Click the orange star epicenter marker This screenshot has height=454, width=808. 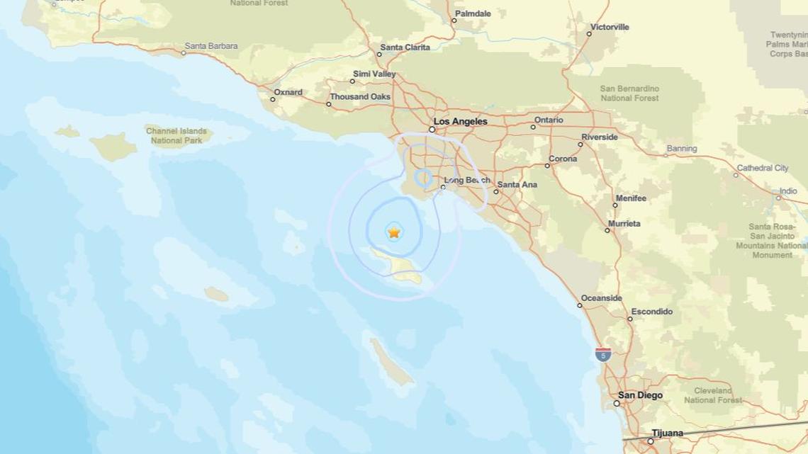(394, 232)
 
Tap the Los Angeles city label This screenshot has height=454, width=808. (460, 121)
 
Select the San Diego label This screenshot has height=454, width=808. (640, 395)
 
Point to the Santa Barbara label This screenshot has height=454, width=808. (211, 46)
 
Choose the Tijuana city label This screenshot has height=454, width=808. (667, 433)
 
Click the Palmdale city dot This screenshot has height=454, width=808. (454, 21)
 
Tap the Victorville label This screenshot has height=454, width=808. (610, 27)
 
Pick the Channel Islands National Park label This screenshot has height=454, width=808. (176, 135)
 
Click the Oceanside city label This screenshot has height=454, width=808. (601, 298)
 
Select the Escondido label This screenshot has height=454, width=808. (651, 312)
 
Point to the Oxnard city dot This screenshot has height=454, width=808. (273, 99)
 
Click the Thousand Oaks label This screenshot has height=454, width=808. (360, 96)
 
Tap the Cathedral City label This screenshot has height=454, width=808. (762, 168)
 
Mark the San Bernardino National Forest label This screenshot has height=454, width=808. (629, 93)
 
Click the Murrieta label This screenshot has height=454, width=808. (624, 223)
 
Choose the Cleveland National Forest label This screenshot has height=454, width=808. (712, 395)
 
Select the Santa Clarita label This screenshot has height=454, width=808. (405, 47)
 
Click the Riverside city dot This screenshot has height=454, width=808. (580, 144)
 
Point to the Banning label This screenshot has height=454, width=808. (681, 149)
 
